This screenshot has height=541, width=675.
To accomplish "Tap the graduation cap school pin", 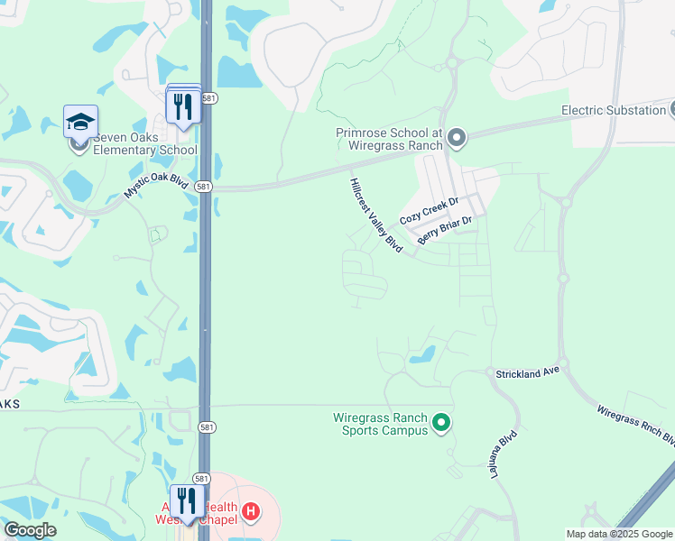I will click(x=80, y=122).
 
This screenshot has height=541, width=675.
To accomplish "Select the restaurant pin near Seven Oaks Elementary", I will click(x=183, y=106).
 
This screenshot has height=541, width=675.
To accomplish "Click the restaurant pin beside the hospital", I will click(x=187, y=501).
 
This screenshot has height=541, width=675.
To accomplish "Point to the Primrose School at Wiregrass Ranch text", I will click(x=389, y=138).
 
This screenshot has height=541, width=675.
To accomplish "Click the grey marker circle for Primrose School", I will click(x=457, y=138).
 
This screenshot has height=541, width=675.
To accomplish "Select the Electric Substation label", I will click(x=613, y=110).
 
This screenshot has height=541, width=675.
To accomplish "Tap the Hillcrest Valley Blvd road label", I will click(x=375, y=215).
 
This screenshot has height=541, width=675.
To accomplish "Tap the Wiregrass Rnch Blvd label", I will click(x=635, y=425).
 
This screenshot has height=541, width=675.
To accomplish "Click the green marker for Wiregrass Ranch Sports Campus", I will click(x=441, y=422).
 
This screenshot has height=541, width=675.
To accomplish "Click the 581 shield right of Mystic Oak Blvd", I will click(x=204, y=187).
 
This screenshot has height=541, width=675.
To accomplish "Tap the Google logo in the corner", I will click(x=30, y=530).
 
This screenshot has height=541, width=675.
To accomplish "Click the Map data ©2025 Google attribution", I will click(x=618, y=534).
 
